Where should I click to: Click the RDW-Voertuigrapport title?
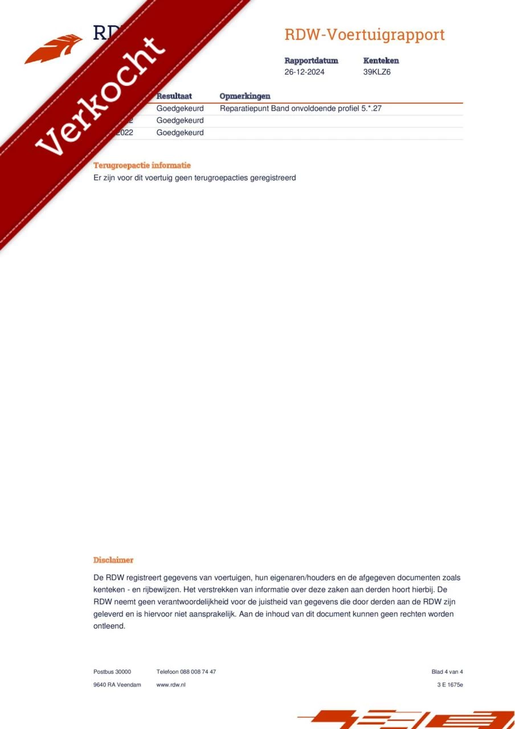tap(364, 35)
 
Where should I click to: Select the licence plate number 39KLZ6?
tap(377, 72)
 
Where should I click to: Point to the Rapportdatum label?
tap(311, 60)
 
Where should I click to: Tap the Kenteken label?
tap(381, 60)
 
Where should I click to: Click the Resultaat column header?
tap(174, 96)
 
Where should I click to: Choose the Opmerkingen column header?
tap(245, 96)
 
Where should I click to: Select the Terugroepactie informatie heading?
tap(142, 165)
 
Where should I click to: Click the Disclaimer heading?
tap(113, 560)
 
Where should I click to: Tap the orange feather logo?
tap(54, 48)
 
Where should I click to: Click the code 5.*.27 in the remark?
tap(371, 108)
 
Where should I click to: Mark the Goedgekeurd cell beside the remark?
tap(180, 108)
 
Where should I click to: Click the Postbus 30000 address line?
tap(112, 671)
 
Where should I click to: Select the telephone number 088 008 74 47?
tap(197, 671)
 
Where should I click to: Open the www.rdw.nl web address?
tap(171, 685)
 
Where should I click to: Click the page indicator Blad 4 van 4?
tap(447, 671)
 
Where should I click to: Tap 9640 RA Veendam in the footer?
tap(117, 685)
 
